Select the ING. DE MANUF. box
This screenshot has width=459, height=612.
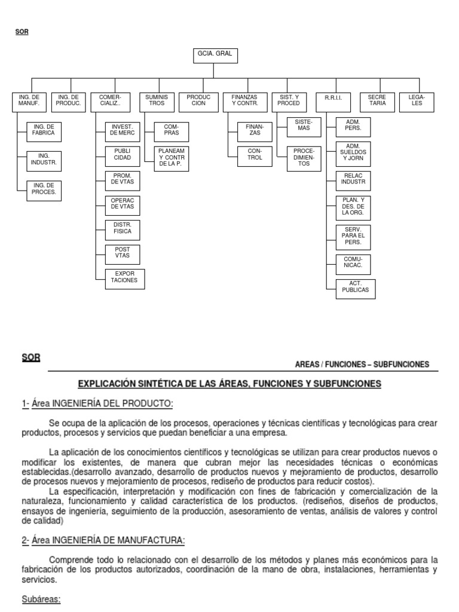(29, 100)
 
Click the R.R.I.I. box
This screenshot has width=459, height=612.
(333, 100)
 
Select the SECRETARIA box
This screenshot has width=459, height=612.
(377, 100)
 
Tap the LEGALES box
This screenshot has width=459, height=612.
(417, 100)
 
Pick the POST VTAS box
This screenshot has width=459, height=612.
(121, 254)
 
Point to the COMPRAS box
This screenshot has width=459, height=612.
(171, 130)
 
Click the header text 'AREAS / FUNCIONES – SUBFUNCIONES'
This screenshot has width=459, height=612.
(362, 365)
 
